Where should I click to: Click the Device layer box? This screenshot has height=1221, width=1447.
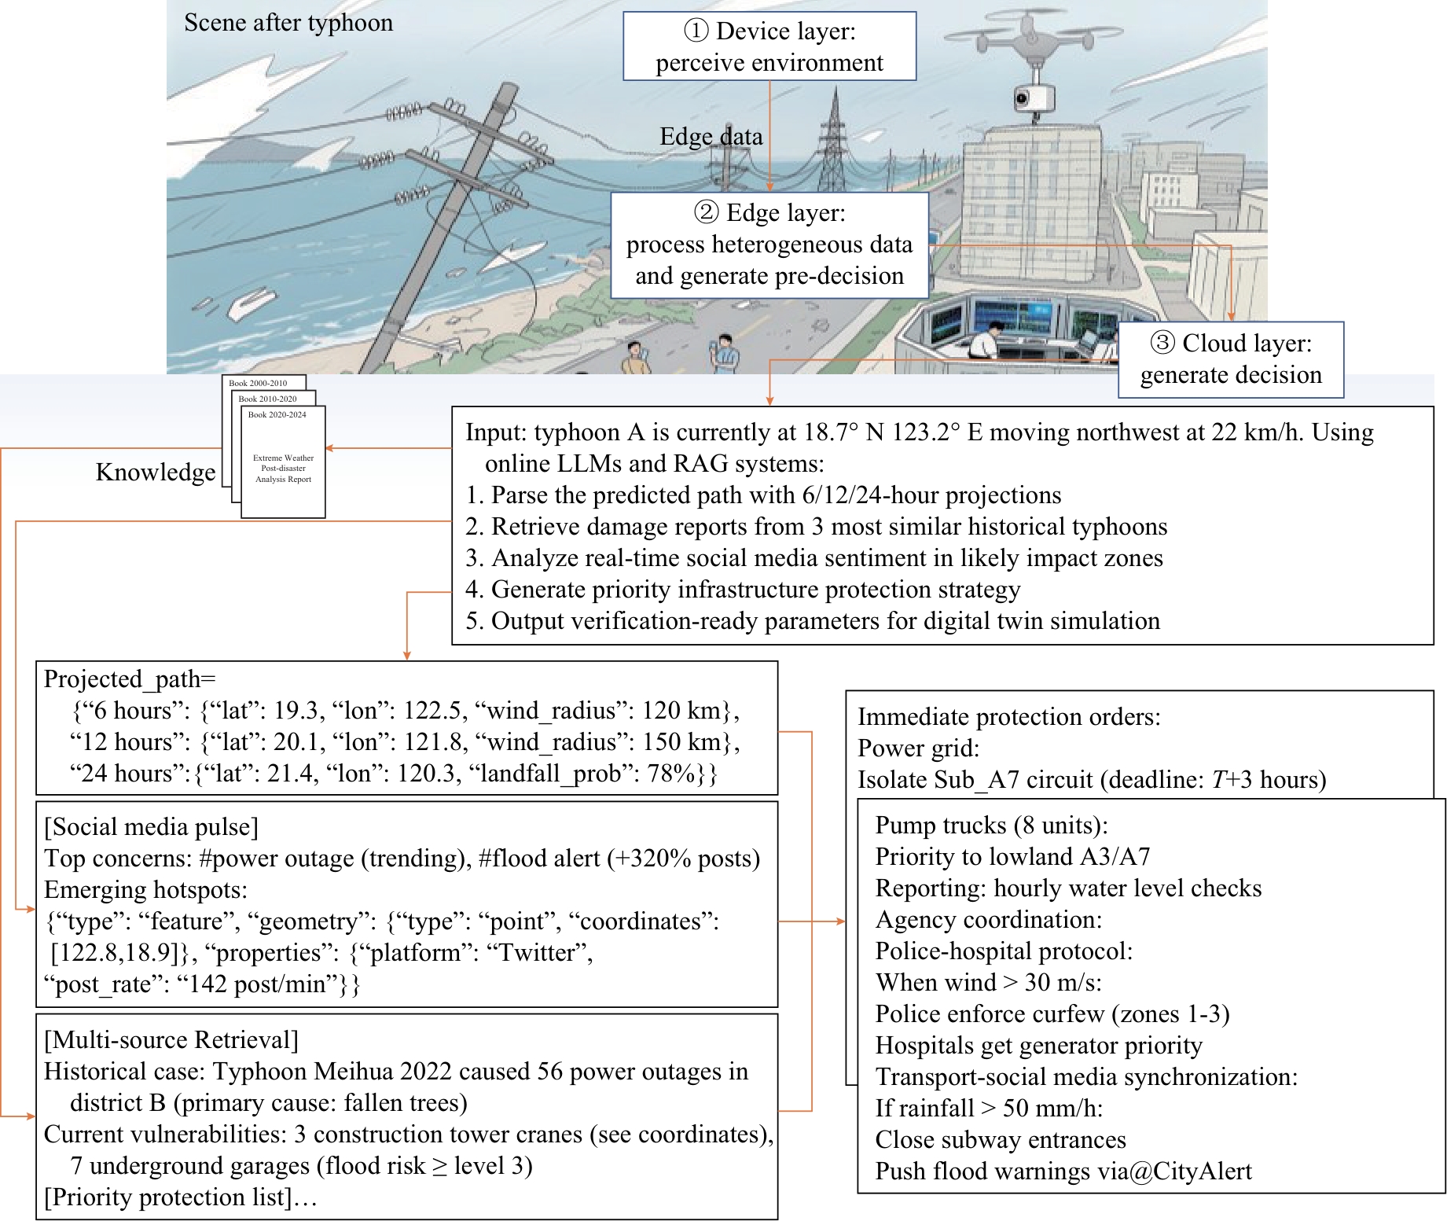click(x=769, y=46)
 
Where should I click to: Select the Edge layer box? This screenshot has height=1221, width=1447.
click(x=769, y=245)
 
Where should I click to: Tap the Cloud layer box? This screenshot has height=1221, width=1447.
click(x=1230, y=359)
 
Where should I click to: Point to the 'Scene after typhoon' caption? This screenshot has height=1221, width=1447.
click(x=288, y=23)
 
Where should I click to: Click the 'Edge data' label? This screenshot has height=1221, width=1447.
click(x=711, y=137)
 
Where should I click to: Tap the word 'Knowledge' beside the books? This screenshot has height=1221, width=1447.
click(x=156, y=472)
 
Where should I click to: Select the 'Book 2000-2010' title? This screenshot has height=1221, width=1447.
click(x=258, y=384)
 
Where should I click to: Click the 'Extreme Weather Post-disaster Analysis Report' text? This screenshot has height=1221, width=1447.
click(x=283, y=469)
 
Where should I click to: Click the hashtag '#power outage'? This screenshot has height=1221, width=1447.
click(x=277, y=859)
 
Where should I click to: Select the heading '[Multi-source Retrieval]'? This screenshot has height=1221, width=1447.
click(x=171, y=1040)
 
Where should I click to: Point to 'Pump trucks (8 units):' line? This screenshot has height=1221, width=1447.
click(x=991, y=826)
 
